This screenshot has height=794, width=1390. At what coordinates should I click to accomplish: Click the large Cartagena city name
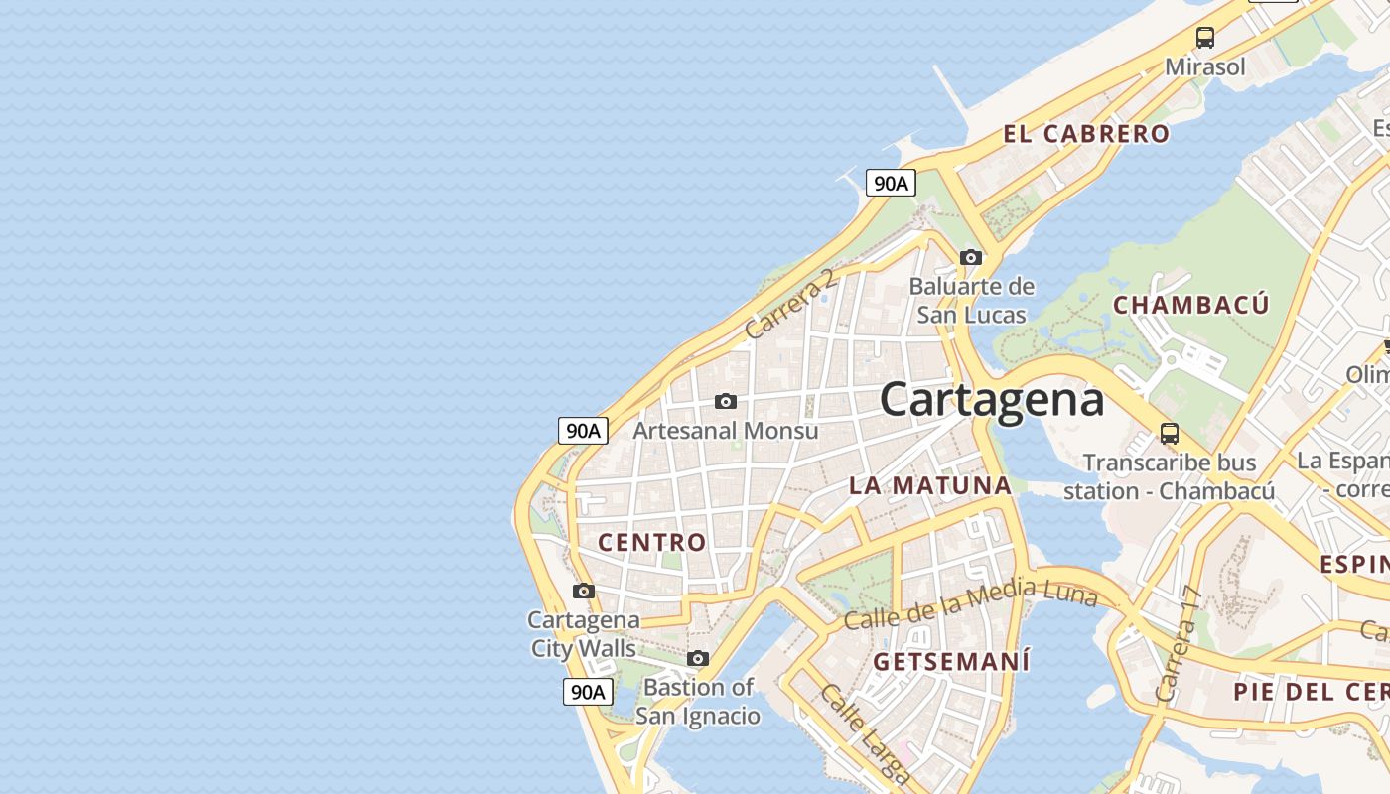pyautogui.click(x=991, y=399)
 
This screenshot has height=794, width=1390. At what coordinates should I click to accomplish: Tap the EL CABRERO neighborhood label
pyautogui.click(x=1086, y=134)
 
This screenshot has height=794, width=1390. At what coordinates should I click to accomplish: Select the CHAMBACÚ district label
pyautogui.click(x=1190, y=305)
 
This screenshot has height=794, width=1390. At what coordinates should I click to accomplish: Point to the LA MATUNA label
pyautogui.click(x=929, y=485)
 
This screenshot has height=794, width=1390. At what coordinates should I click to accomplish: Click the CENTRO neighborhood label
pyautogui.click(x=651, y=542)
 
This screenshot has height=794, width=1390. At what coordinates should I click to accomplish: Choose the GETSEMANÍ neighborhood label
pyautogui.click(x=951, y=661)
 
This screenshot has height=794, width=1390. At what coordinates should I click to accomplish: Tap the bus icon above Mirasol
pyautogui.click(x=1204, y=38)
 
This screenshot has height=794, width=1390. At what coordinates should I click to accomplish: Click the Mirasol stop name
pyautogui.click(x=1204, y=66)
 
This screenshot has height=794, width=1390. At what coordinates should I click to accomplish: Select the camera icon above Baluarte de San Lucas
pyautogui.click(x=971, y=257)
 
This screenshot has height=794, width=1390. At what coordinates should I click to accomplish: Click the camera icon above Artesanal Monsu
pyautogui.click(x=726, y=401)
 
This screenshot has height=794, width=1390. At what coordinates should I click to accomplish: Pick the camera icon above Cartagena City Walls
pyautogui.click(x=584, y=591)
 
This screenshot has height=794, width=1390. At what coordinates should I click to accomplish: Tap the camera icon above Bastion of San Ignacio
pyautogui.click(x=698, y=658)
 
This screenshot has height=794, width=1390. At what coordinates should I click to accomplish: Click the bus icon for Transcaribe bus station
pyautogui.click(x=1170, y=434)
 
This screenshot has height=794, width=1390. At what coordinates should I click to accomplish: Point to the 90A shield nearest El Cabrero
pyautogui.click(x=890, y=183)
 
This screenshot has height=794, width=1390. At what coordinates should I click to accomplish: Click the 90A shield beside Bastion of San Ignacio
pyautogui.click(x=587, y=692)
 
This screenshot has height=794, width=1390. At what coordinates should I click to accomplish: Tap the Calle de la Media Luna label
pyautogui.click(x=970, y=603)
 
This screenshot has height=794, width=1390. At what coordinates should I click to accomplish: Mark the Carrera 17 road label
pyautogui.click(x=1179, y=645)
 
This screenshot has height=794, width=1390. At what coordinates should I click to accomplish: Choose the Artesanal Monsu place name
pyautogui.click(x=726, y=431)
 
